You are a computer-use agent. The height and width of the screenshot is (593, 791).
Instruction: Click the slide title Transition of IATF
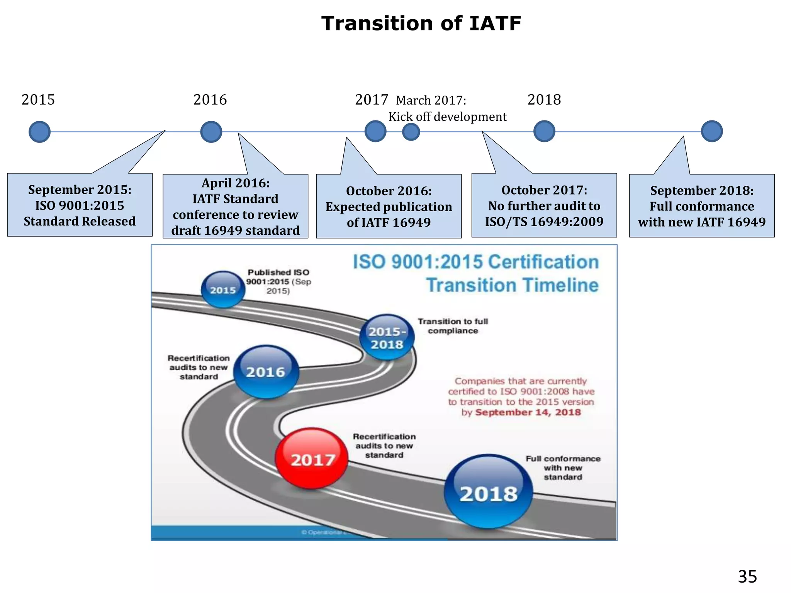coord(421,24)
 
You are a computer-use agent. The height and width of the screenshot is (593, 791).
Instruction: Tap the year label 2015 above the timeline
coord(38,100)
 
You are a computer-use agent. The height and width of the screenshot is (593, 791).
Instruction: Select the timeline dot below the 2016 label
coord(211,132)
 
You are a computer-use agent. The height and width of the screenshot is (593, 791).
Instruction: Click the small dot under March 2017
coord(411,132)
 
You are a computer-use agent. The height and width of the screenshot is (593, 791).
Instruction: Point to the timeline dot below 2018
coord(544,131)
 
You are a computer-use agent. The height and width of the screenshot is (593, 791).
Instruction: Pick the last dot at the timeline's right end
coord(711,131)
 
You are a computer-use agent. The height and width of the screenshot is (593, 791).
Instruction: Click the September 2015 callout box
coord(80,205)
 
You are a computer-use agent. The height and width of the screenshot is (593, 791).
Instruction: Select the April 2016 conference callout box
coord(235,207)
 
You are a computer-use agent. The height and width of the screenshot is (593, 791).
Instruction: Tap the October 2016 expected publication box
coord(389,207)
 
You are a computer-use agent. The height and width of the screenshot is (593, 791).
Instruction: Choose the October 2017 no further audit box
coord(544,206)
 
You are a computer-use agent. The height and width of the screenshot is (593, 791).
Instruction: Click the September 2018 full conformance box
coord(702,206)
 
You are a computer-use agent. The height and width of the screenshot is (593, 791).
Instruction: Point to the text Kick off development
coord(447,117)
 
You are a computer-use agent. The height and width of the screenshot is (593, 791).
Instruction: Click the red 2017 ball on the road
coord(312,458)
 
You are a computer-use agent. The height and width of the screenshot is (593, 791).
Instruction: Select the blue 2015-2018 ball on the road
coord(387,337)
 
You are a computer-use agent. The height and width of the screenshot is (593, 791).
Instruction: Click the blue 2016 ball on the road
coord(266,371)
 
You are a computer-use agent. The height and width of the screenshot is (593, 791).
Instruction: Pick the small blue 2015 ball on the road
coord(223,290)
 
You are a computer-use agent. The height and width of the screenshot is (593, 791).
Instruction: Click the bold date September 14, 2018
coord(528,412)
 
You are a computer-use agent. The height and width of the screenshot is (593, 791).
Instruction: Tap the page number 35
coord(747,577)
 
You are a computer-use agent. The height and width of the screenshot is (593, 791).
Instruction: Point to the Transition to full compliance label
coord(453,326)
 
